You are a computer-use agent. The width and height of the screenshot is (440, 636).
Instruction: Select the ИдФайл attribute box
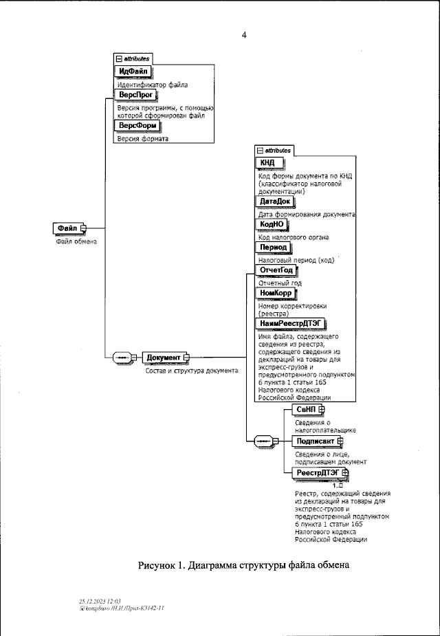(x=133, y=72)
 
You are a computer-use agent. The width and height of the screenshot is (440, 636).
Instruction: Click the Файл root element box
(x=67, y=228)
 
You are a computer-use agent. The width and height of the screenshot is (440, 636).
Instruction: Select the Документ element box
(x=164, y=358)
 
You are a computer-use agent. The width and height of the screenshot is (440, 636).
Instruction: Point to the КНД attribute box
(x=267, y=162)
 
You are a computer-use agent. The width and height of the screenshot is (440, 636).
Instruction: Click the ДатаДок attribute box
(x=274, y=201)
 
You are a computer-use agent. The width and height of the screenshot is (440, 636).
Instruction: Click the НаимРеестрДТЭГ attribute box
(x=289, y=322)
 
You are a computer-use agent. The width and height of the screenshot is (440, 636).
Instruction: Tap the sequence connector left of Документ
(x=123, y=358)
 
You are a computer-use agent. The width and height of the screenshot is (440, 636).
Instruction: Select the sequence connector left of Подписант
(x=264, y=441)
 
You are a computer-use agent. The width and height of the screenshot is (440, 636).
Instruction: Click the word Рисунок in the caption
(x=159, y=566)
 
